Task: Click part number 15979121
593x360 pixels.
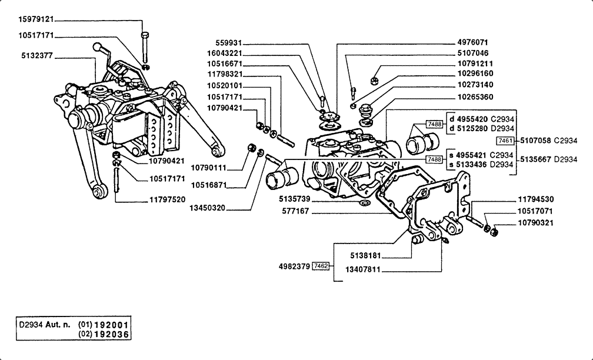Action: tap(36, 19)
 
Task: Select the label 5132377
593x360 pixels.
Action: tap(37, 56)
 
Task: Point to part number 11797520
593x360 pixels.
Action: tap(167, 199)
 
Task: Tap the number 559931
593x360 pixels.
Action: tap(228, 43)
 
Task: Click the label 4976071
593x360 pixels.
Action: tap(473, 42)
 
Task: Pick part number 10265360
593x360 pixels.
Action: tap(475, 97)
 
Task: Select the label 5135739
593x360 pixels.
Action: tap(295, 199)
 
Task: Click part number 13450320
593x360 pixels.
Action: tap(207, 208)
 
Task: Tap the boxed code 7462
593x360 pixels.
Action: tap(321, 266)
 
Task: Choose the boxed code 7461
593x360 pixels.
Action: tap(505, 141)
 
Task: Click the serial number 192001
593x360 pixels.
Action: tap(112, 325)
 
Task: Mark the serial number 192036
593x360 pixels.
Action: tap(112, 334)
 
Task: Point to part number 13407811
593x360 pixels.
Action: tap(363, 269)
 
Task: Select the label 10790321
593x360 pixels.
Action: tap(535, 223)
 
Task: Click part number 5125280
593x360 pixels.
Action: tap(472, 129)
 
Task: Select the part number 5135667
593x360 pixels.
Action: tap(535, 159)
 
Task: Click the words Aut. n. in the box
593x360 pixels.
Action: tap(58, 325)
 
